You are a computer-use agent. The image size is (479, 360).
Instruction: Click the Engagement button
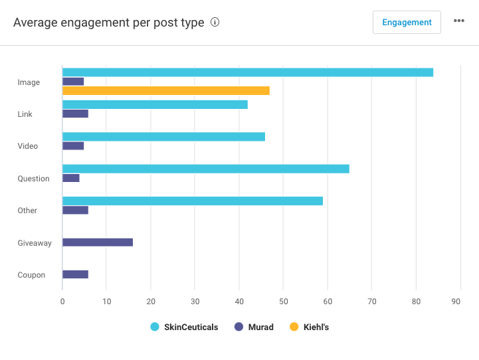click(x=407, y=22)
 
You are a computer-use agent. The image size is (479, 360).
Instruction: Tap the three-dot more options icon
click(x=459, y=21)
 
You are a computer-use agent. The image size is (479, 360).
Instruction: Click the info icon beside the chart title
click(x=215, y=22)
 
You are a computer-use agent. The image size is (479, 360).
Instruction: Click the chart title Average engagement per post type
click(x=109, y=23)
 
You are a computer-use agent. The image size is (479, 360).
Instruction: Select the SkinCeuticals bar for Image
click(x=247, y=72)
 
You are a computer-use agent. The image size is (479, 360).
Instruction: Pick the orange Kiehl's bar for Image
click(x=166, y=91)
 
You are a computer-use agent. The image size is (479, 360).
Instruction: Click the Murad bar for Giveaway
click(x=98, y=242)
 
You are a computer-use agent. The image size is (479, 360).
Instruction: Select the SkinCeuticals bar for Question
click(x=206, y=169)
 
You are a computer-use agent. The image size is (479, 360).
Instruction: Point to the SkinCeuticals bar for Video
click(x=163, y=137)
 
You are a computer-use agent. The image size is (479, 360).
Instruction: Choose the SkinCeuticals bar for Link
click(x=155, y=104)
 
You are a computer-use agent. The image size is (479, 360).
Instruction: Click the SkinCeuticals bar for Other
click(x=193, y=201)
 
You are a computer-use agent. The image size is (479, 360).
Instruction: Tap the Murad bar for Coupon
click(x=75, y=274)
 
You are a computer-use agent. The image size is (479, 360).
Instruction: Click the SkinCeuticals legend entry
click(x=184, y=327)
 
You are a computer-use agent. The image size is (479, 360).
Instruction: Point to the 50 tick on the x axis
click(x=283, y=301)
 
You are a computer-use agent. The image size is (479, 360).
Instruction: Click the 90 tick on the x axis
click(x=456, y=301)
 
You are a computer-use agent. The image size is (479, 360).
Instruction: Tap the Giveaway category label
click(x=35, y=243)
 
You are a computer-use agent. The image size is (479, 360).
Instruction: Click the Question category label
click(x=33, y=179)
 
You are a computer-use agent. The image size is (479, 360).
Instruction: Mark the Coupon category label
click(x=31, y=275)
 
